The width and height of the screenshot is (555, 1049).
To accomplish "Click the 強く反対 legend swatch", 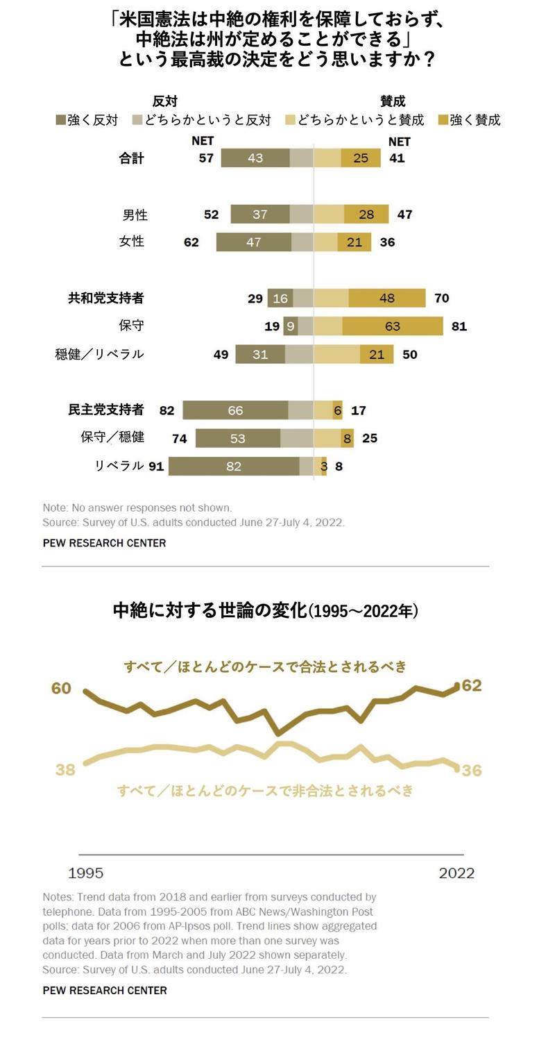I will click(x=60, y=120).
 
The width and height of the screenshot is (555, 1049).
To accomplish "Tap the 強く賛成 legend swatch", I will click(x=443, y=120).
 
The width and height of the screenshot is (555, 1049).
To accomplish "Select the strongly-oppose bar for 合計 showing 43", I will click(x=255, y=158).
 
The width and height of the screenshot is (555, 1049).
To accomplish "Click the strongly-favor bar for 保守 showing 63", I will click(x=393, y=326).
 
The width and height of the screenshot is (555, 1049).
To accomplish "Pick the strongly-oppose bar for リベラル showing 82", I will click(x=234, y=467).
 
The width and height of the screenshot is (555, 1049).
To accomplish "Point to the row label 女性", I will click(x=132, y=242).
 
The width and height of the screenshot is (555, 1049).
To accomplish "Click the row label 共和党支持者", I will click(x=105, y=298).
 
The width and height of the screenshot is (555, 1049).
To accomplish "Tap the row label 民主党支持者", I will click(x=105, y=410).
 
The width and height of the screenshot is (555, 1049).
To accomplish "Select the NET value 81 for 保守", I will click(x=459, y=326).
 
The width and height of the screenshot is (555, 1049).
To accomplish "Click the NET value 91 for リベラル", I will click(x=156, y=467).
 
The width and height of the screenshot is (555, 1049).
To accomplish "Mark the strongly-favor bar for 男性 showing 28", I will click(x=366, y=215).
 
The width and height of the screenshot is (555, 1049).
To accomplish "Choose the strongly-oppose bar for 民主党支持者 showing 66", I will click(x=235, y=410).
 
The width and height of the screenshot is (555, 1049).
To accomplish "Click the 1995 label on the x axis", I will click(x=85, y=873).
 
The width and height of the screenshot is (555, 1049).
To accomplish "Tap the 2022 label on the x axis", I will click(x=456, y=873).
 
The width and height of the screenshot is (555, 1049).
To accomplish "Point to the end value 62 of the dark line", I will click(x=472, y=686).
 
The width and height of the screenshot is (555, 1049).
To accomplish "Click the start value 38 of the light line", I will click(x=65, y=770).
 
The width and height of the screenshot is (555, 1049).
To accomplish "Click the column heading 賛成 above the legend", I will click(x=393, y=101).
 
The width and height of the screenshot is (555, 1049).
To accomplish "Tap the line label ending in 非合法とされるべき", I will click(x=265, y=791).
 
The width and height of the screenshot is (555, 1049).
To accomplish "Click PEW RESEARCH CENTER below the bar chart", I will click(x=104, y=543).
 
